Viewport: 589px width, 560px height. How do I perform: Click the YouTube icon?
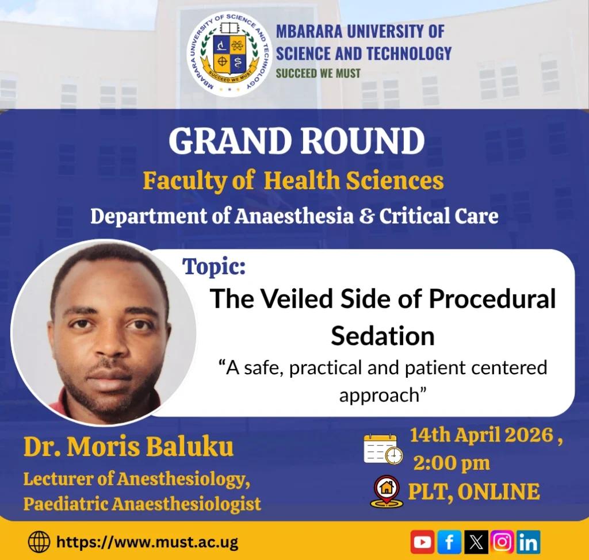[x=422, y=542]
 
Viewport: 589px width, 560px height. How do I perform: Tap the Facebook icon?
[x=449, y=542]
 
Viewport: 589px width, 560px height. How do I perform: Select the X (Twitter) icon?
[x=476, y=542]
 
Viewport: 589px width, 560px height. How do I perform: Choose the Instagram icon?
[x=502, y=542]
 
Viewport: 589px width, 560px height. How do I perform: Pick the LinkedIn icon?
[x=529, y=542]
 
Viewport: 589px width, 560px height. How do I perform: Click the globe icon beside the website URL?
[x=39, y=542]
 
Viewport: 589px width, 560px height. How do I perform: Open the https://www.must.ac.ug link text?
[x=147, y=542]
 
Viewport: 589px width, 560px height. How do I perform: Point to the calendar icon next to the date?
[x=383, y=449]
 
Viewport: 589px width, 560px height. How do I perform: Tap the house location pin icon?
[x=387, y=492]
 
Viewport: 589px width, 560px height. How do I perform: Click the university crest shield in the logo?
[x=230, y=55]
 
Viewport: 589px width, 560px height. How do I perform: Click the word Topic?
[x=214, y=266]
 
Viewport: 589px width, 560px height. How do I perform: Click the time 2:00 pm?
[x=452, y=463]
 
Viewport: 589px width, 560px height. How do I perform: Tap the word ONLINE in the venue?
[x=499, y=492]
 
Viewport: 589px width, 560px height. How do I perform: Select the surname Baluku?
[x=189, y=447]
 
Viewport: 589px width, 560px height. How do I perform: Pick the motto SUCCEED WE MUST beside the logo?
[x=318, y=73]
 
